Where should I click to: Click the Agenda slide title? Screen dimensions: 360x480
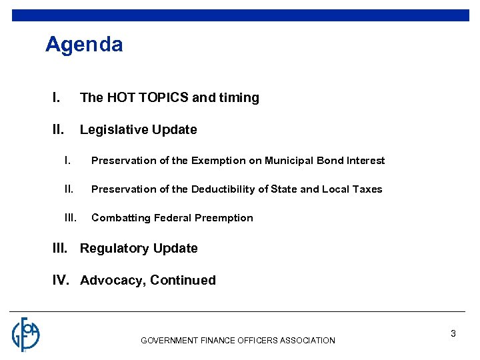click(x=84, y=45)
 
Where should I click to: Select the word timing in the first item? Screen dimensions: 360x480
click(x=238, y=97)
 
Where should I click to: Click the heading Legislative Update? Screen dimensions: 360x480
click(x=138, y=130)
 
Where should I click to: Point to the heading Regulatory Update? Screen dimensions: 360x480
click(x=139, y=249)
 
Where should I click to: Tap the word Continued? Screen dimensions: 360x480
click(x=183, y=281)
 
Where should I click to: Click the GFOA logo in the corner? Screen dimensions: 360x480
click(x=26, y=334)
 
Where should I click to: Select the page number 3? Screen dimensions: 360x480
click(x=453, y=333)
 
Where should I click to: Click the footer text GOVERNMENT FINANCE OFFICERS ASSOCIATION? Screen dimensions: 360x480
click(x=238, y=341)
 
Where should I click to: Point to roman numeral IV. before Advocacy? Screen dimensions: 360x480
click(x=61, y=281)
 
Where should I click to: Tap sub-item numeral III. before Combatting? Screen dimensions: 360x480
click(x=71, y=218)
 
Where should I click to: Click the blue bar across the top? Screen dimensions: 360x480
click(x=240, y=15)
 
